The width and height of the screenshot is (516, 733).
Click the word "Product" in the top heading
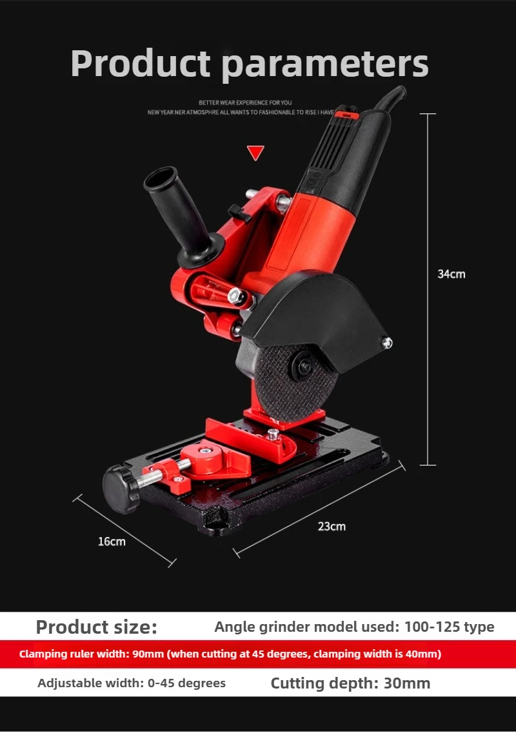141,63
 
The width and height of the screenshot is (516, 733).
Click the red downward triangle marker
255,152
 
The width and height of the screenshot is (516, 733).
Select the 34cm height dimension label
451,274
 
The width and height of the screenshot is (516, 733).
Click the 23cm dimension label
332,526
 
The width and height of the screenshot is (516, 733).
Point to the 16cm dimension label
112,542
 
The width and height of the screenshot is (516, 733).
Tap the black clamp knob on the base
121,489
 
